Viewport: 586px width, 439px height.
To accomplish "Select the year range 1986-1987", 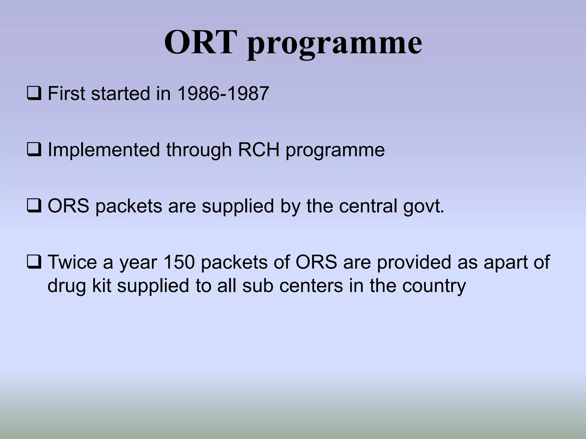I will click(223, 93).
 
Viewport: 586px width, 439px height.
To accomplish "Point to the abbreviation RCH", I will click(258, 150).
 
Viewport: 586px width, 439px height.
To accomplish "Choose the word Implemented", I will click(104, 150).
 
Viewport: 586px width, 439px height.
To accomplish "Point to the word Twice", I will click(72, 262).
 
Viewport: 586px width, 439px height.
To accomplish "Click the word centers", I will click(311, 286).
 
